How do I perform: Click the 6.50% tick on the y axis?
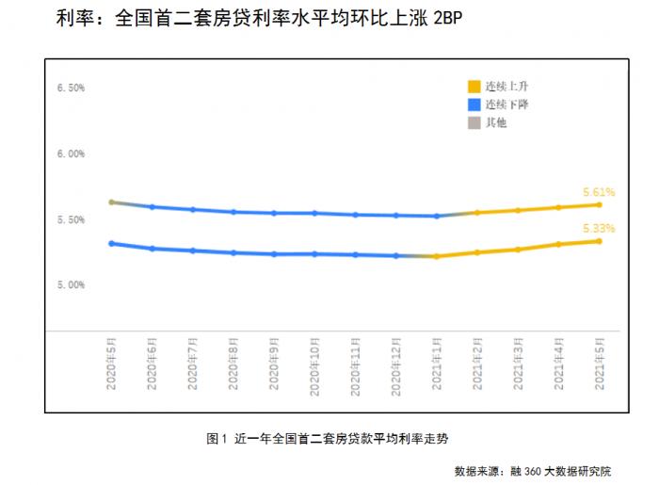(x=72, y=88)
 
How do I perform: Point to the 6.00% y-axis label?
(x=72, y=154)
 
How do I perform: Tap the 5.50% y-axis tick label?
(x=72, y=219)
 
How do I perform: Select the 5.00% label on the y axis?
(x=72, y=284)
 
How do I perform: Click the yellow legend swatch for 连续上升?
(x=474, y=86)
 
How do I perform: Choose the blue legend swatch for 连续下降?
(x=474, y=104)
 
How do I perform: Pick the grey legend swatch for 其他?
(x=474, y=122)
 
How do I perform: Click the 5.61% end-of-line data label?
(x=599, y=192)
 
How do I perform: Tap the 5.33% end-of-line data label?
(x=599, y=228)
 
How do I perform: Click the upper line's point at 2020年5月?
(x=111, y=202)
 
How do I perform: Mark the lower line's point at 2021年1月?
(x=436, y=256)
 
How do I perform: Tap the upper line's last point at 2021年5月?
(x=599, y=204)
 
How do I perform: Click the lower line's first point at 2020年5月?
(x=111, y=243)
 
